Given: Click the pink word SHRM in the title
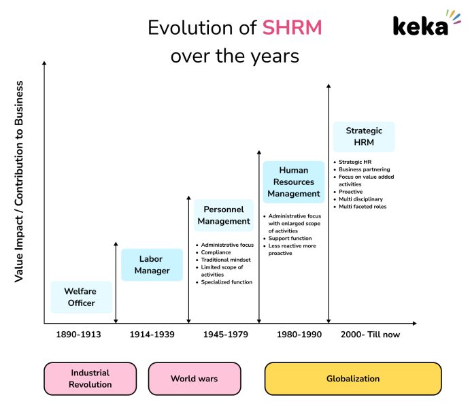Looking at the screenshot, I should click(x=292, y=28).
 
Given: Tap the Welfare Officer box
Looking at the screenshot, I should click(x=81, y=297).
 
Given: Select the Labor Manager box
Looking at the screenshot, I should click(x=151, y=265).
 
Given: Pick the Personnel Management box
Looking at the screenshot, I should click(x=224, y=216).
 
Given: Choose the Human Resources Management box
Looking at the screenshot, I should click(x=293, y=182).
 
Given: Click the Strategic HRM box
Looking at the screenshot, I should click(x=364, y=137).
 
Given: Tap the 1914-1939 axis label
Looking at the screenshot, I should click(x=152, y=335).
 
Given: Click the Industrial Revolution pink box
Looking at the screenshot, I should click(x=89, y=379).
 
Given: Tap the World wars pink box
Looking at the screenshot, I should click(x=194, y=379).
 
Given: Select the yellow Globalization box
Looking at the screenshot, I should click(x=352, y=379).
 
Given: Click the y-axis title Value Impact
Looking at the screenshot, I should click(x=20, y=182).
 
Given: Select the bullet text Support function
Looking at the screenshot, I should click(x=290, y=239).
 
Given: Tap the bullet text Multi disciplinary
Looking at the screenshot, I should click(x=360, y=199).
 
